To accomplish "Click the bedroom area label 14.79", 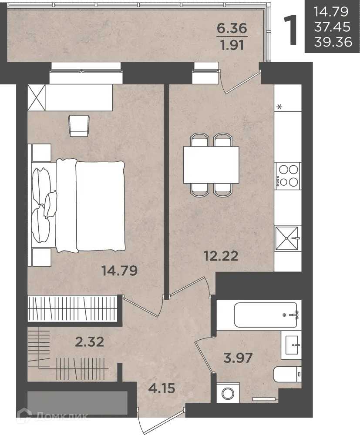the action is click(120, 271).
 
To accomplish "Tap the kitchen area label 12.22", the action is click(221, 256).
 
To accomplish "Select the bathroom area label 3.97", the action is click(238, 358).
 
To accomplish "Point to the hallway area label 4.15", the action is click(162, 388).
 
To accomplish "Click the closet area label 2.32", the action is click(90, 342).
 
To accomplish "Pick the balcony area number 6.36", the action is click(232, 28).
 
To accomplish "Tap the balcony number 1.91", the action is click(232, 45).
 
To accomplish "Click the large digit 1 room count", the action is click(290, 30).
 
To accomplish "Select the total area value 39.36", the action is click(333, 42).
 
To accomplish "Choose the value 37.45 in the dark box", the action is click(333, 27).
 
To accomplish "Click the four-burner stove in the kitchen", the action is click(288, 176).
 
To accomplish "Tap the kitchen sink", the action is click(288, 238).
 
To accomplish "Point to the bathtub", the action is click(266, 315).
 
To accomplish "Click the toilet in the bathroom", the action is click(287, 374).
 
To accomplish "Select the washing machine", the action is click(228, 393).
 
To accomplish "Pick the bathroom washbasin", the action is click(291, 345).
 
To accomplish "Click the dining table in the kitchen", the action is click(211, 165).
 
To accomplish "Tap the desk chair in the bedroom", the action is click(79, 126).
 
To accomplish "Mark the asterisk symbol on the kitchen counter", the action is click(279, 107).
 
